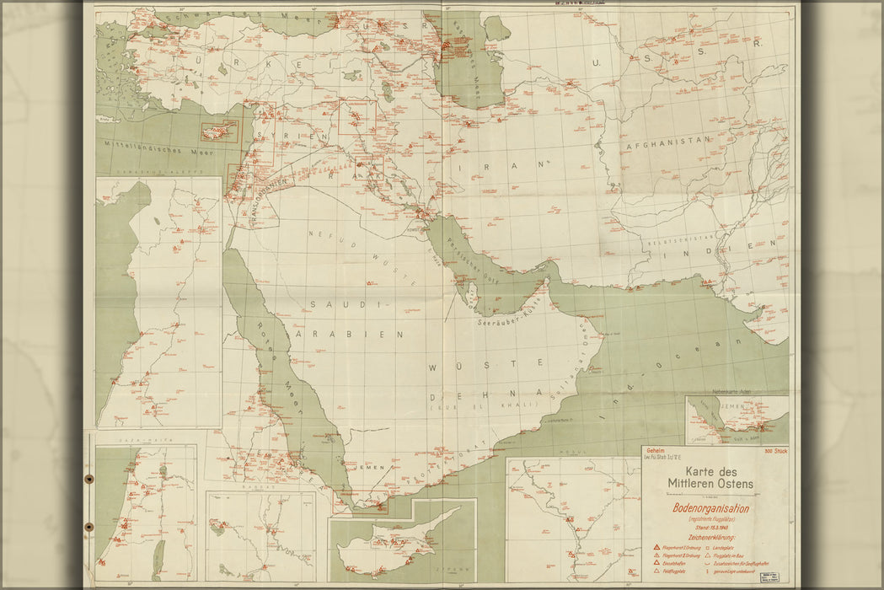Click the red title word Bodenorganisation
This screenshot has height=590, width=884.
[710, 508]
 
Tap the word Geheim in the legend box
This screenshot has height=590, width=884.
[656, 451]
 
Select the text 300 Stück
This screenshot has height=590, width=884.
[774, 452]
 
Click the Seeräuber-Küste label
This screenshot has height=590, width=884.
[506, 320]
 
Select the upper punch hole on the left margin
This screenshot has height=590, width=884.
[88, 479]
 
